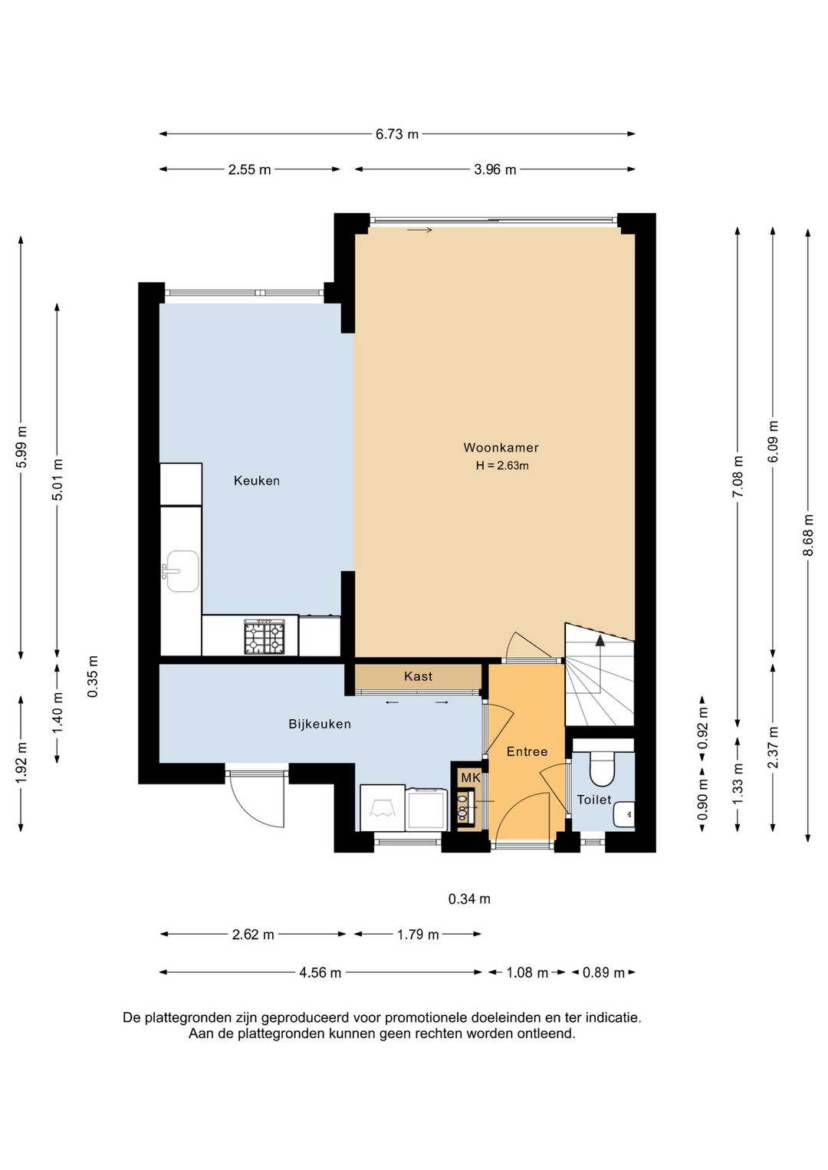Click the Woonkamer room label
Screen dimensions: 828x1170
pyautogui.click(x=501, y=448)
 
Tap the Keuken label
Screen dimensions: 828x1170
pyautogui.click(x=257, y=481)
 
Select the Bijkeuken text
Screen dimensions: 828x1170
pyautogui.click(x=319, y=724)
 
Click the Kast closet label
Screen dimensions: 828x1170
pyautogui.click(x=418, y=676)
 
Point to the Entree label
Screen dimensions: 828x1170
pyautogui.click(x=527, y=751)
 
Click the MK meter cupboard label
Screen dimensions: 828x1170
pyautogui.click(x=470, y=777)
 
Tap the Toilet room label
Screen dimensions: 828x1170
pyautogui.click(x=594, y=800)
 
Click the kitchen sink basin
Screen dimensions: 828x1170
pyautogui.click(x=181, y=571)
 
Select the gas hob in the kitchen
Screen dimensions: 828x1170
pyautogui.click(x=264, y=637)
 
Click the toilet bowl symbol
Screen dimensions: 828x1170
pyautogui.click(x=602, y=767)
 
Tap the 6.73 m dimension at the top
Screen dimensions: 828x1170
pyautogui.click(x=397, y=134)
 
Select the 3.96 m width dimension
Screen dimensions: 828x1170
pyautogui.click(x=495, y=169)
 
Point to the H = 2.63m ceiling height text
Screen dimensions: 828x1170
pyautogui.click(x=502, y=465)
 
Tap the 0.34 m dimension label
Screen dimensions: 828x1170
pyautogui.click(x=469, y=899)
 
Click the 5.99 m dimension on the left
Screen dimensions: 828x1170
pyautogui.click(x=21, y=448)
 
